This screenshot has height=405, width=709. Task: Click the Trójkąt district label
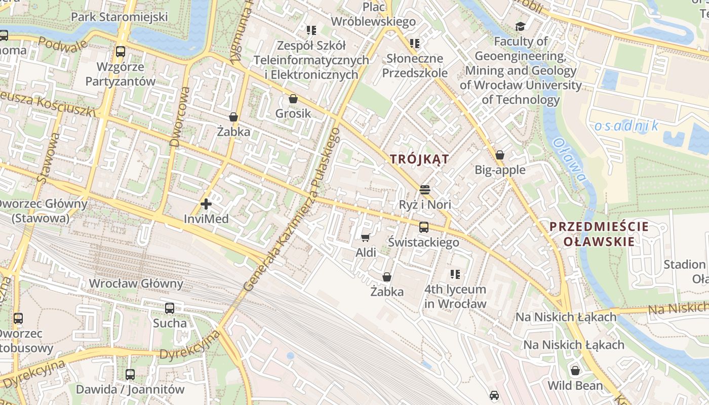click(x=419, y=159)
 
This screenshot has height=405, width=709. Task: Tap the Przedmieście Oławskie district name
click(x=599, y=234)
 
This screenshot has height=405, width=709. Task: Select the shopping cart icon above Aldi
click(x=365, y=237)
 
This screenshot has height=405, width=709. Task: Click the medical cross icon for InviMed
click(x=206, y=204)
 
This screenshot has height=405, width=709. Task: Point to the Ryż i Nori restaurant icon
click(x=424, y=190)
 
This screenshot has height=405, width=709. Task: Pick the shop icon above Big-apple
click(x=500, y=155)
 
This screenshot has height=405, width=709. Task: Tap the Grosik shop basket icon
click(x=293, y=99)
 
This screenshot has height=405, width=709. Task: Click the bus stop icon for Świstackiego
click(x=423, y=227)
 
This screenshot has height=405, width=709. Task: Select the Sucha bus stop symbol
click(x=170, y=308)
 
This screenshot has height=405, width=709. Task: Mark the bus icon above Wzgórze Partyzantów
click(x=120, y=52)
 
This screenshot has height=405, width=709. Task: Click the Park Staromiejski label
click(x=119, y=17)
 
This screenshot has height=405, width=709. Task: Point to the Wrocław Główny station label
click(x=136, y=283)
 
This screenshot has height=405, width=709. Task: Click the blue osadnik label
click(x=626, y=126)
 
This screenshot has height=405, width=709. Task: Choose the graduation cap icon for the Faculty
click(x=520, y=27)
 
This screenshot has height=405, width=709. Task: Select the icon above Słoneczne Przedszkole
click(x=415, y=44)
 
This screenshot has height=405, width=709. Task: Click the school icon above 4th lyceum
click(x=455, y=274)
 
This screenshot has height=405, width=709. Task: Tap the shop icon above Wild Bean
click(x=575, y=371)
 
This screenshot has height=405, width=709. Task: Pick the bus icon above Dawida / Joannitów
click(x=130, y=374)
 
